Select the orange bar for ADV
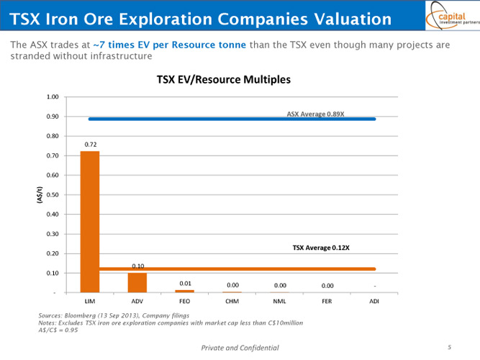137,282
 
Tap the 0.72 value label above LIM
91,145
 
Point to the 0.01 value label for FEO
184,283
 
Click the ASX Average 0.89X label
315,114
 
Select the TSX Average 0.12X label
321,247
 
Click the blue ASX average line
230,119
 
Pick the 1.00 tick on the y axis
52,97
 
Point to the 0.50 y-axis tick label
52,195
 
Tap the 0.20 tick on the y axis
52,253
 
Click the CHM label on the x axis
232,300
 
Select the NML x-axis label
279,300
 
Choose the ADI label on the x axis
374,300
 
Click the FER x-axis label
327,300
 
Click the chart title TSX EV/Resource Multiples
224,80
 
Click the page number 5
449,347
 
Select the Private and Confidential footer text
240,348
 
